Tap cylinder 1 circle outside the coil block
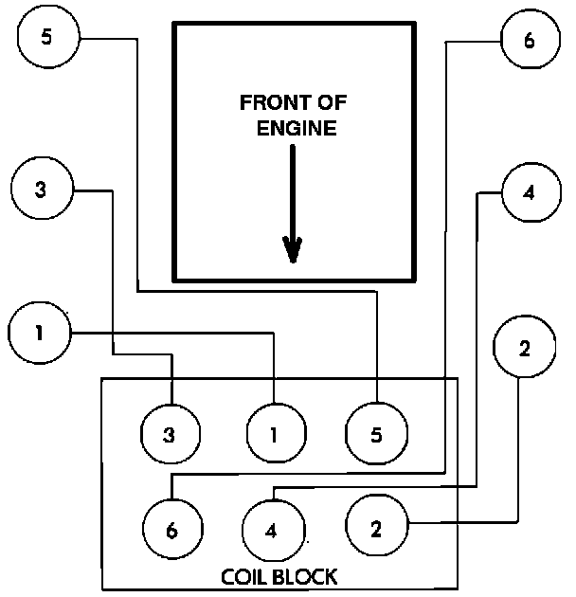pos(39,333)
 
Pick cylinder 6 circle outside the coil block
pos(529,41)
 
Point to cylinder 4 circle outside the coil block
pos(529,193)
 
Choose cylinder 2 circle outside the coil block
pos(525,348)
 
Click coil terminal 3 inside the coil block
pos(170,435)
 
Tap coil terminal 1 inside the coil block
pos(275,435)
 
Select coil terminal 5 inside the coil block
pos(376,435)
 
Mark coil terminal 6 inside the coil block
pos(171,529)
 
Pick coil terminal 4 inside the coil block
pos(272,529)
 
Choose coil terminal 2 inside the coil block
pos(376,528)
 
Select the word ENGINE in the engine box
pos(297,128)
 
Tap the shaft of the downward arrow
pos(294,190)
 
